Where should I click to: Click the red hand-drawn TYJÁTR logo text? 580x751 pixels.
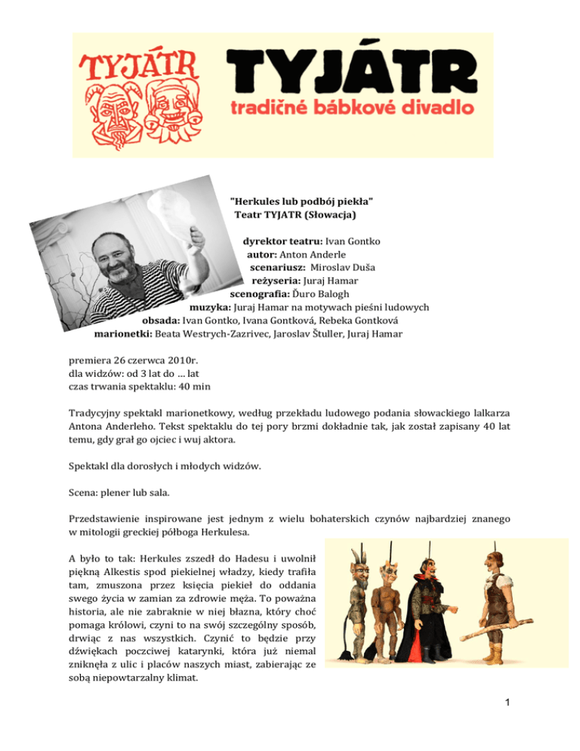(x=140, y=66)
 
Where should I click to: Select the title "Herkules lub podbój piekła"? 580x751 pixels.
(x=302, y=201)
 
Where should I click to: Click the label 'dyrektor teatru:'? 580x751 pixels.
(x=282, y=242)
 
